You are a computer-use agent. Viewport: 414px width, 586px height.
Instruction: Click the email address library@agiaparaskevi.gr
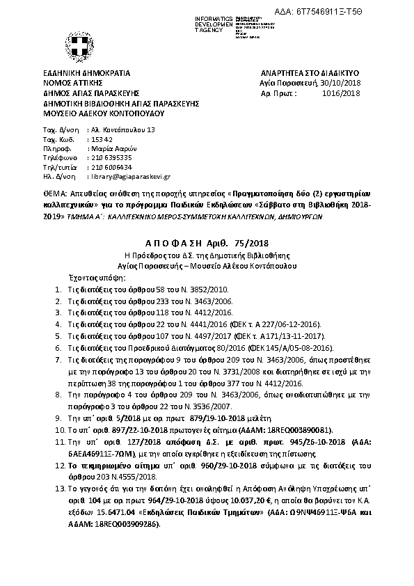pos(132,177)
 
